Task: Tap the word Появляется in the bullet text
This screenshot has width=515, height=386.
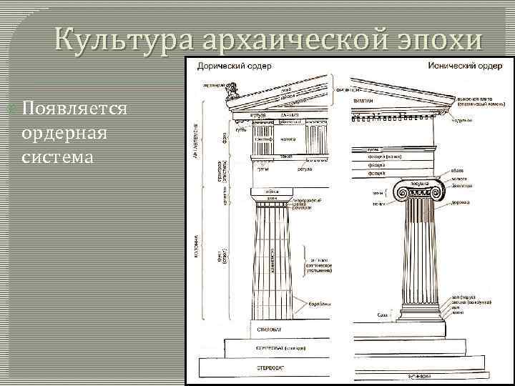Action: (75, 109)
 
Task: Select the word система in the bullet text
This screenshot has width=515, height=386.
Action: (58, 156)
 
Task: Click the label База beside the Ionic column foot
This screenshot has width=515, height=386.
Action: (383, 315)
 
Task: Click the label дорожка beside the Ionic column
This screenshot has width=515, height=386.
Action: (460, 202)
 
